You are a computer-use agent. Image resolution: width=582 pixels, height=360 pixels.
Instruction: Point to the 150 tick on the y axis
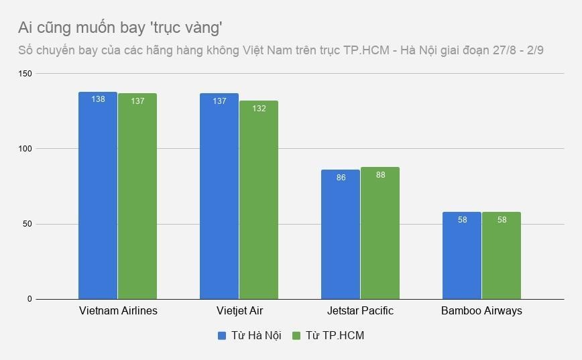coord(25,73)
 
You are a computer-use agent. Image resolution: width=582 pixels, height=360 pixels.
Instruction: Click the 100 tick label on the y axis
coord(25,148)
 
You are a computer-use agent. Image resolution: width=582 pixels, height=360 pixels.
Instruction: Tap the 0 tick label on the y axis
coord(30,299)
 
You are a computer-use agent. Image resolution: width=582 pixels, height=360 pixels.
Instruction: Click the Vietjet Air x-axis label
coord(239,311)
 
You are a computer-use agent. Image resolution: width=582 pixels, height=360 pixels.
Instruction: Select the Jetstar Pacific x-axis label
coord(360,311)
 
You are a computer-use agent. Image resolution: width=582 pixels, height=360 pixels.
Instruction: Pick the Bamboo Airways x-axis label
coord(481,311)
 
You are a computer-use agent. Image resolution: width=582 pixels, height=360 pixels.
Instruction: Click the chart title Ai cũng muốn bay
coord(120,27)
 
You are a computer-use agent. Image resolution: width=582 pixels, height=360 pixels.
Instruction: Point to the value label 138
coord(98,100)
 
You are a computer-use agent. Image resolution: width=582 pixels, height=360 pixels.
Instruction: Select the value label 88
coord(380,175)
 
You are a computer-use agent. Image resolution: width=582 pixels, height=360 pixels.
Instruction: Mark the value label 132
coord(259,109)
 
